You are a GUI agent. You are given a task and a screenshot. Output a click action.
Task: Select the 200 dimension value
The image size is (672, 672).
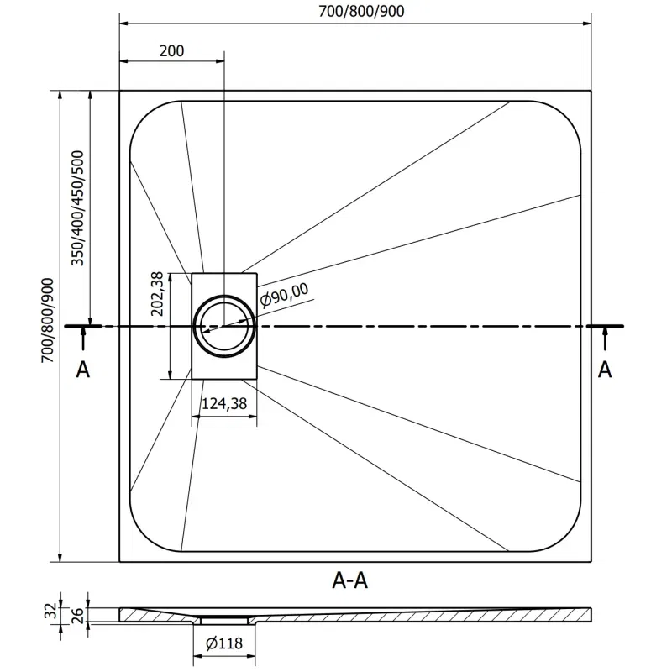[171, 50]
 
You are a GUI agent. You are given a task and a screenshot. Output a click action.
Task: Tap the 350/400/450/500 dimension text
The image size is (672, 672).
[78, 208]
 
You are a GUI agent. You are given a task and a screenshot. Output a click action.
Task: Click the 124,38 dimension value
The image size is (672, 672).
[223, 405]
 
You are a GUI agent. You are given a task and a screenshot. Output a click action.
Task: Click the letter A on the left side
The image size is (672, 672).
[82, 369]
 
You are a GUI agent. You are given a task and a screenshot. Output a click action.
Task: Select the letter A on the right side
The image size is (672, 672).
[604, 369]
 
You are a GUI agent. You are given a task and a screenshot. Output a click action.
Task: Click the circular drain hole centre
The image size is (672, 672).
[224, 326]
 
